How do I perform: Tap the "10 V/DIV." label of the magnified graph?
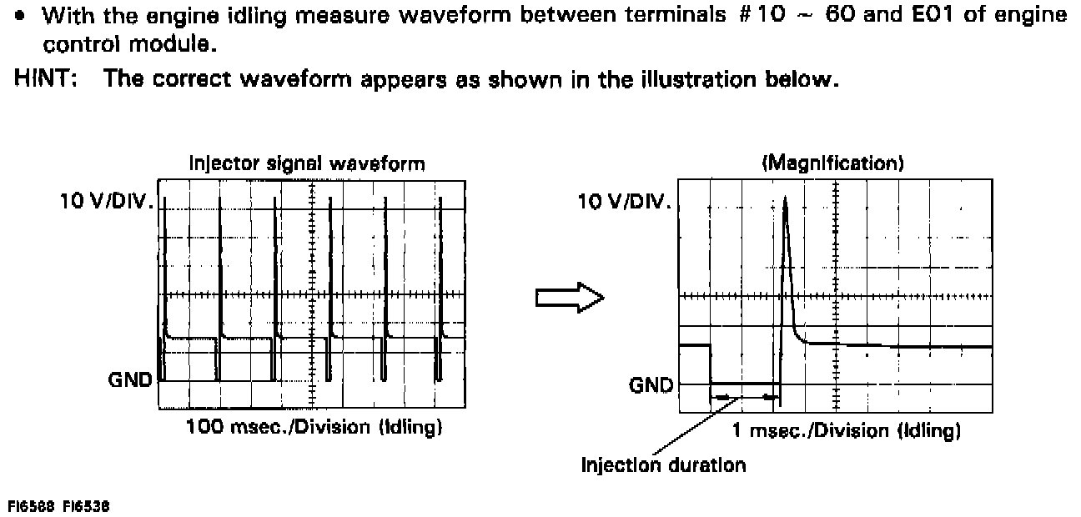(x=626, y=201)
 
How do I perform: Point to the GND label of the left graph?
(x=130, y=380)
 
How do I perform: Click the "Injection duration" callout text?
(x=663, y=464)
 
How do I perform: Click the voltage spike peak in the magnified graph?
(x=785, y=198)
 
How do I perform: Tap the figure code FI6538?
(x=87, y=506)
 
